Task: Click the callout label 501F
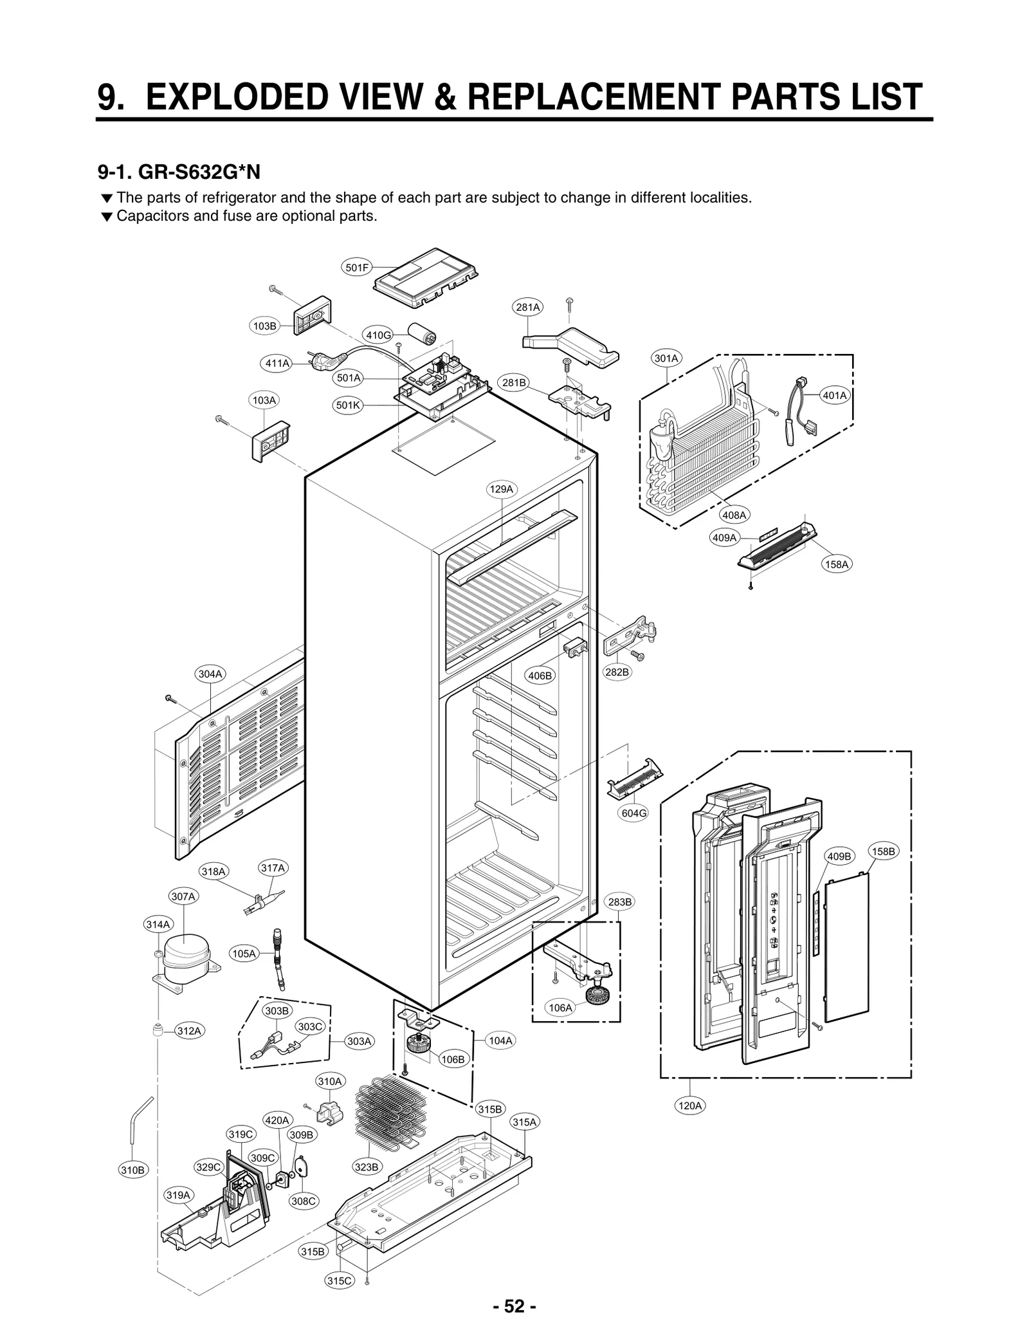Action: pyautogui.click(x=356, y=267)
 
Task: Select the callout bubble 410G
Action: pyautogui.click(x=378, y=335)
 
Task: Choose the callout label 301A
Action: pyautogui.click(x=666, y=358)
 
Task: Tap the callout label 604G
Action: pyautogui.click(x=633, y=813)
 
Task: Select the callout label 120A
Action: pyautogui.click(x=689, y=1106)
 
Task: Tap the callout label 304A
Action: pyautogui.click(x=210, y=674)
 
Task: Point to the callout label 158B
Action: pyautogui.click(x=883, y=851)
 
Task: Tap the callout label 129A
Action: pyautogui.click(x=502, y=489)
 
